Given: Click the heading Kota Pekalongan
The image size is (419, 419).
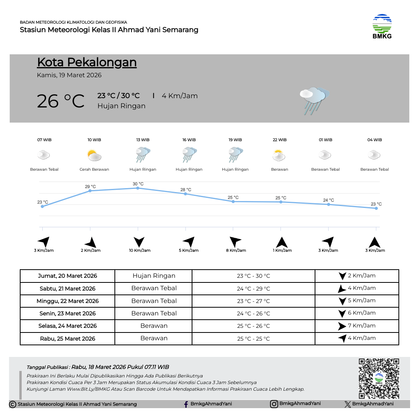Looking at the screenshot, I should coord(87,62).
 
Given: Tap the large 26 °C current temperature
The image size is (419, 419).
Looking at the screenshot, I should coord(61,101).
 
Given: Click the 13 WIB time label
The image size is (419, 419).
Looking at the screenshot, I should coord(143,140).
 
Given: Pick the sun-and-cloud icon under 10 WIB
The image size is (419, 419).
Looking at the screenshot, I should coord(94,156).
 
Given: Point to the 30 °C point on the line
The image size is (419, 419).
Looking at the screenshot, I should coord(138,188).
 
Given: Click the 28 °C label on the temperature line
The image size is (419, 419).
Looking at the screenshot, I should coord(186,190).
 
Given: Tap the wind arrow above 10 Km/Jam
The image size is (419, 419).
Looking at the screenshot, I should coord(139,242).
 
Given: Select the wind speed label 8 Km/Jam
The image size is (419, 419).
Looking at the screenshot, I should coord(236,251).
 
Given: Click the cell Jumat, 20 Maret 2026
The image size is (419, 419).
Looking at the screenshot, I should coord(68,276).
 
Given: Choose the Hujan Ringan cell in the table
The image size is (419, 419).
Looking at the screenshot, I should coord(154,276).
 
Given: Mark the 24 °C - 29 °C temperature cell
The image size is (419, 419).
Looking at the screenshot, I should coord(253,289).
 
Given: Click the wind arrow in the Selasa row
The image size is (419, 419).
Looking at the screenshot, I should coord(342,326).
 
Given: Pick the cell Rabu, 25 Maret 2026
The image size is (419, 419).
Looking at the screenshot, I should coord(68,339).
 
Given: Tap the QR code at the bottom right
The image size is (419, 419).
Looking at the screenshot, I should coord(379,378).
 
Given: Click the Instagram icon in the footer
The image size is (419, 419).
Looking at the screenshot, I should coord(274,404).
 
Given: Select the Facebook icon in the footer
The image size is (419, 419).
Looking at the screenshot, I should coord(186,404).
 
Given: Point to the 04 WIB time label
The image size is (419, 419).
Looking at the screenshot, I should coord(374,140).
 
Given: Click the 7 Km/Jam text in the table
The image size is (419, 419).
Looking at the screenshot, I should coord(362,326).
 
